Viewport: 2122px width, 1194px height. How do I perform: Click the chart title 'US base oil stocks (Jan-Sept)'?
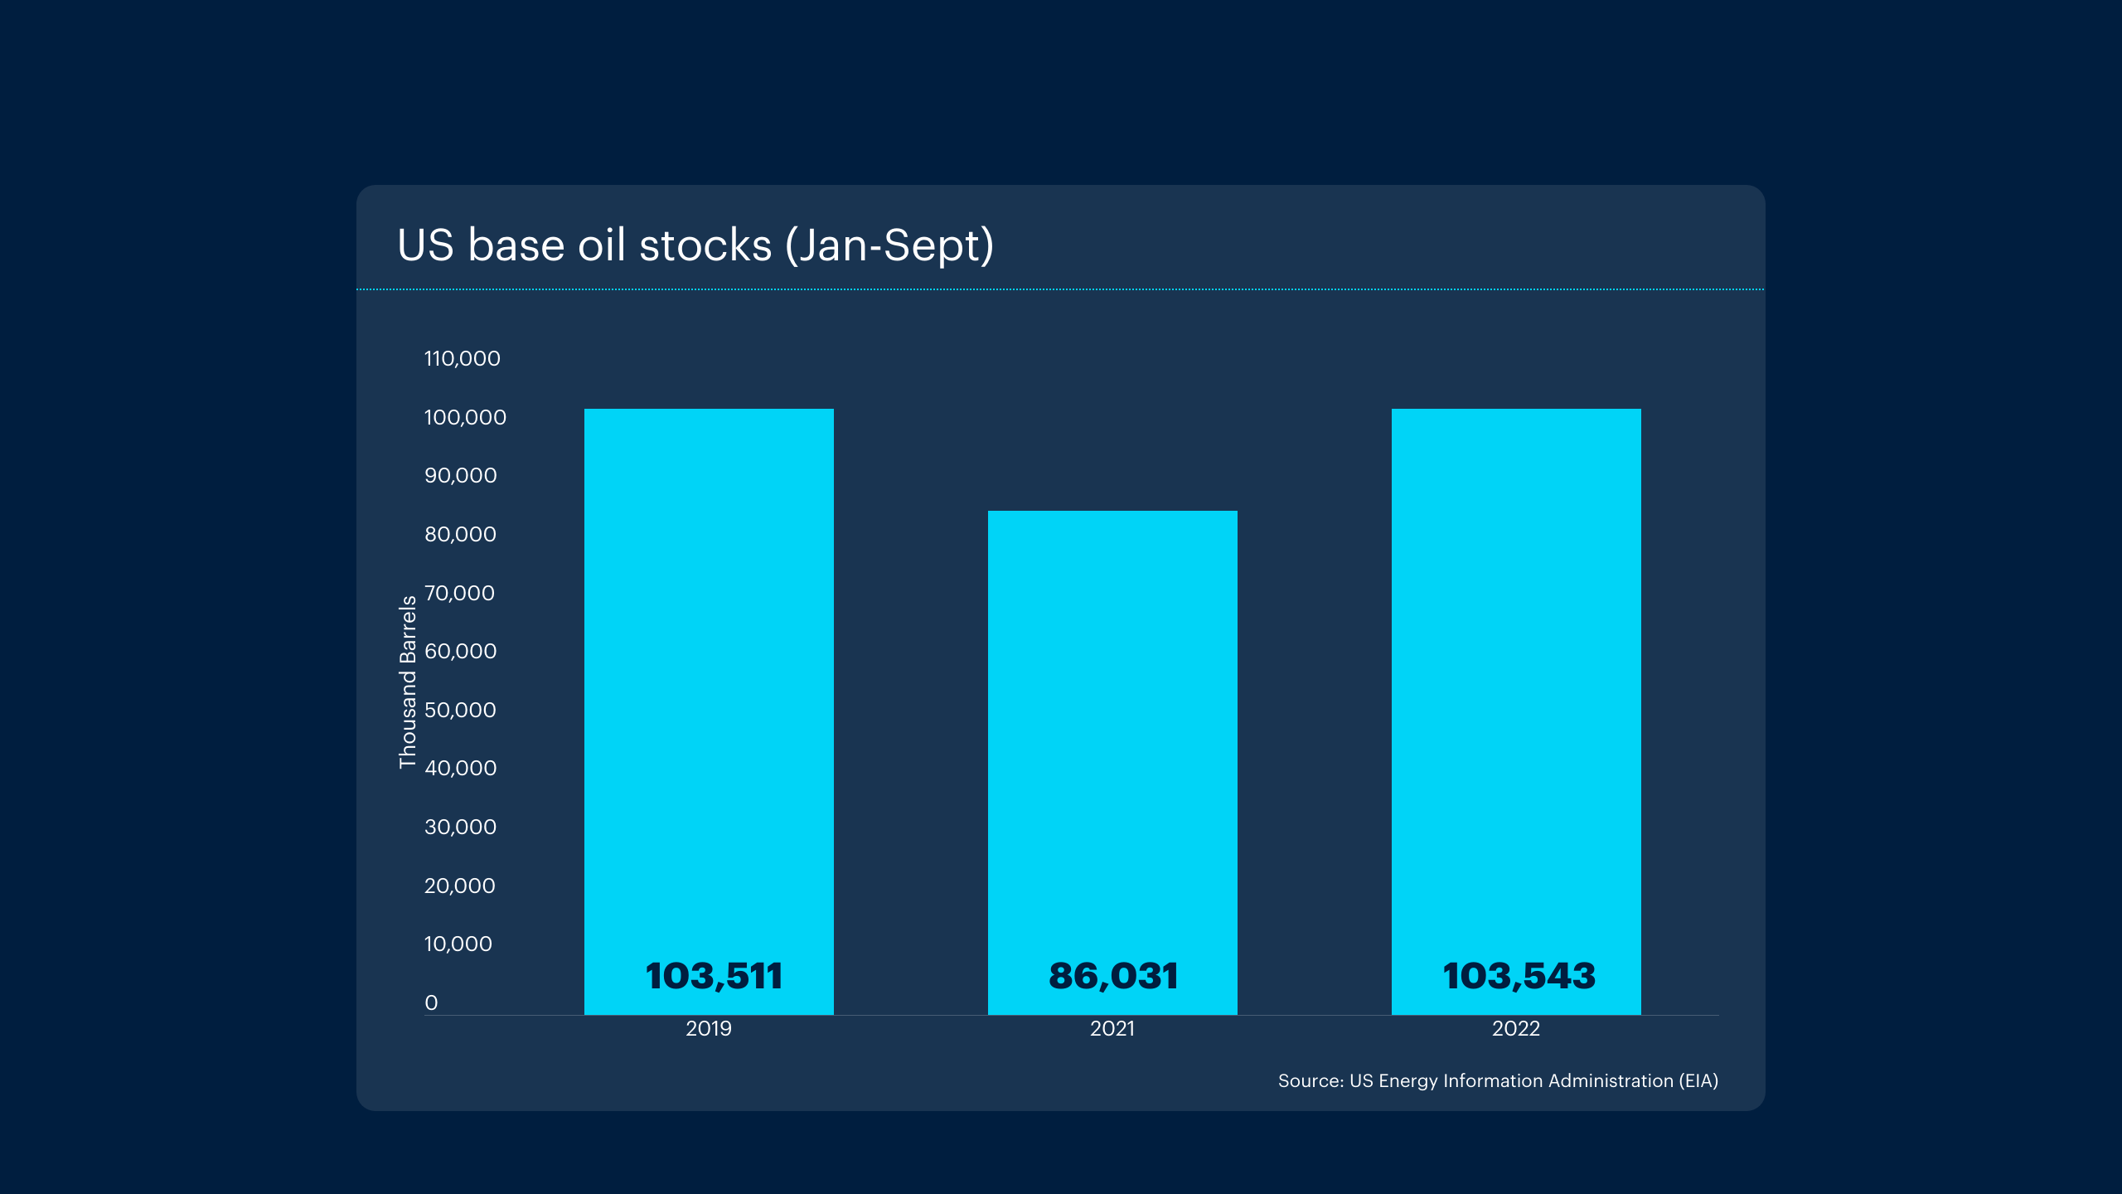(695, 245)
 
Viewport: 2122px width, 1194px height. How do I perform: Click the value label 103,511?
(714, 976)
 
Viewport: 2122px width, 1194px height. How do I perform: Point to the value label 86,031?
(1113, 976)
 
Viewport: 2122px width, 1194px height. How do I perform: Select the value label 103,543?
(1519, 976)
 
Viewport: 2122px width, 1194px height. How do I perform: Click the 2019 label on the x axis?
(709, 1029)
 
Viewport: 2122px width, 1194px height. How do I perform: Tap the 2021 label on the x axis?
(1112, 1029)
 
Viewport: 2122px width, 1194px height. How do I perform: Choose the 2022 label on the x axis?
(1516, 1029)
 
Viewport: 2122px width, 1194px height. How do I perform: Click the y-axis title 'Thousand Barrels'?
(408, 682)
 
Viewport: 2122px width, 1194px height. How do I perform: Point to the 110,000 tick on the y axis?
(463, 359)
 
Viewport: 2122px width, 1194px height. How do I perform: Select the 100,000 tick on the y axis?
(465, 417)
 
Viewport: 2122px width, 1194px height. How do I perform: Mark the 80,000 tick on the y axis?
(461, 534)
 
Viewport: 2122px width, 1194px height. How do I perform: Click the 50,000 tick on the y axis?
(461, 710)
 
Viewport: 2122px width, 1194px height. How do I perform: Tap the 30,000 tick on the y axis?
(461, 827)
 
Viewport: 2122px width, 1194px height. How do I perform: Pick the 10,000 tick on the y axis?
(458, 944)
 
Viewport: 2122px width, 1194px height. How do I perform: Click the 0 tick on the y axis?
(431, 1002)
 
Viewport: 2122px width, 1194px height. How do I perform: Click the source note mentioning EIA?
(1498, 1081)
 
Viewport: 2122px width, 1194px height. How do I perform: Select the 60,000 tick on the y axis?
(461, 651)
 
